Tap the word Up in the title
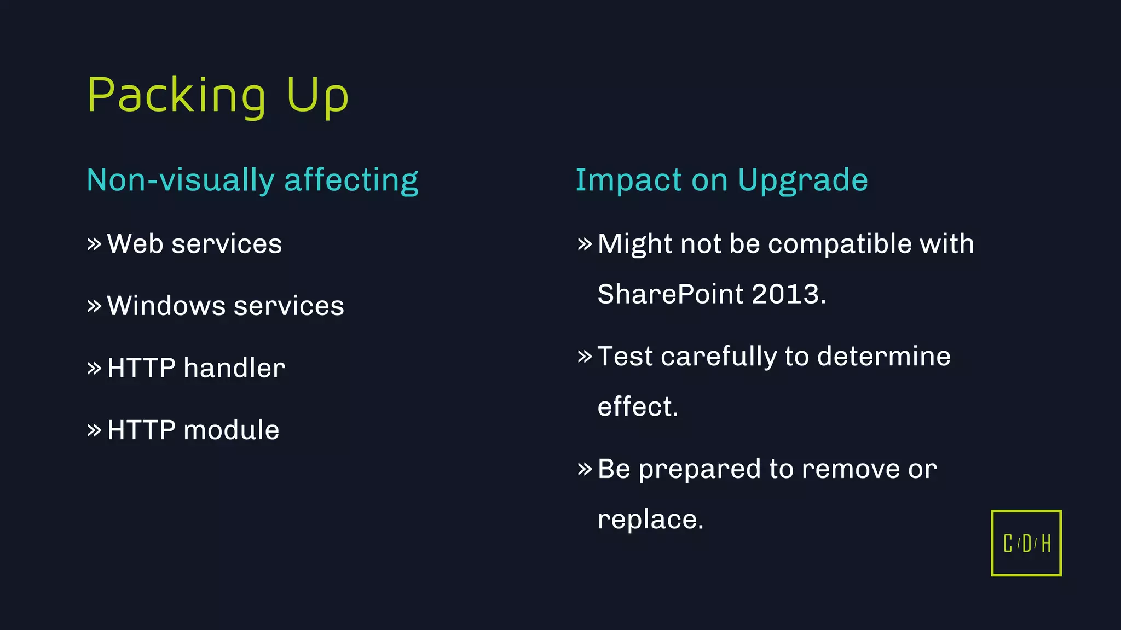[317, 96]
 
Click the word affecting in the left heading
[351, 180]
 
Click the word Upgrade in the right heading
[802, 180]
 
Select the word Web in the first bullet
[135, 244]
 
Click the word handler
[234, 368]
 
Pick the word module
[231, 430]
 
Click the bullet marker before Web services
[94, 244]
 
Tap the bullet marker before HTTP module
[94, 430]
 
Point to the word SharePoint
[671, 294]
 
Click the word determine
[883, 357]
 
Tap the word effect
[637, 407]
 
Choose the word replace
[650, 520]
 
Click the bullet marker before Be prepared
[585, 469]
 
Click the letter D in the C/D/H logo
[1026, 544]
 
